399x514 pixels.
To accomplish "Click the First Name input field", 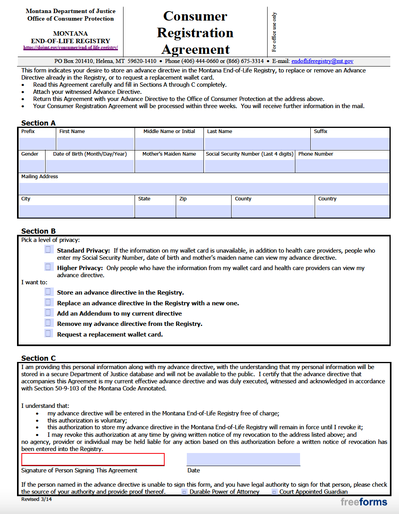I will (95, 143).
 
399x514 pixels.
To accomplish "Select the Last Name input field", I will (257, 143).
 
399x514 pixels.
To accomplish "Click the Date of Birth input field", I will (89, 166).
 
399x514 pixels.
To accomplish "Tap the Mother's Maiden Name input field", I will (169, 166).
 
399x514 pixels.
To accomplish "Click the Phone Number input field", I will (342, 166).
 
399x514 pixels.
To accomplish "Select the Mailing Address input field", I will (204, 188).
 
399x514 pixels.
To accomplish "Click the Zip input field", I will (203, 211).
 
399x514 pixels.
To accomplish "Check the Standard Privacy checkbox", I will (48, 249).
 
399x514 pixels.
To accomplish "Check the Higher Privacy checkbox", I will (48, 267).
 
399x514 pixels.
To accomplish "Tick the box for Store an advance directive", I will (48, 291).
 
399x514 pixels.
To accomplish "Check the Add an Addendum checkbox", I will (48, 312).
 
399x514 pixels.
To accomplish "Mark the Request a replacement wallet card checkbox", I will (48, 333).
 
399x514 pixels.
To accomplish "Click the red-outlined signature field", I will (93, 459).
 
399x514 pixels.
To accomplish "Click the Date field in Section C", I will (243, 459).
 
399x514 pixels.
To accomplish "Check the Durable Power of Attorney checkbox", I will (184, 492).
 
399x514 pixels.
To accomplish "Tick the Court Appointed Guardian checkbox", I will (274, 492).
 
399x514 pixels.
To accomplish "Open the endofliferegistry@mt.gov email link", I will (322, 61).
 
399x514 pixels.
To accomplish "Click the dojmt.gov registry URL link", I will (70, 48).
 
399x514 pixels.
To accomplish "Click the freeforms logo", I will (363, 502).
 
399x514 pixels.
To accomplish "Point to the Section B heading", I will (38, 231).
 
